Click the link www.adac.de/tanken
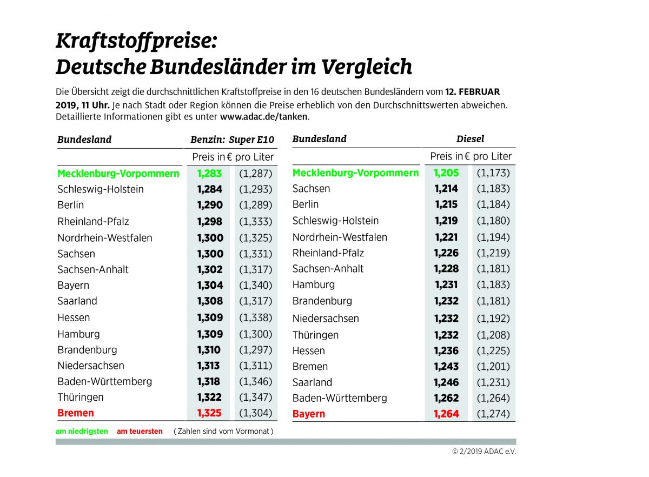[263, 117]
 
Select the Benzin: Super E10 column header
[232, 140]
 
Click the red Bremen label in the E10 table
[76, 413]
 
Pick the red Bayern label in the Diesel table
[309, 414]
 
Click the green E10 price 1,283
[209, 174]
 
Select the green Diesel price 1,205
[446, 173]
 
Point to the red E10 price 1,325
[209, 413]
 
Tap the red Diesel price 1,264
[446, 414]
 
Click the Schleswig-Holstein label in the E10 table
[101, 189]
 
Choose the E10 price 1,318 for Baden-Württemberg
[209, 381]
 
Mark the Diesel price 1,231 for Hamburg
[446, 284]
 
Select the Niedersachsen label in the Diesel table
[326, 319]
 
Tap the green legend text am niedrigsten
[82, 432]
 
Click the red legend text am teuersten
[140, 432]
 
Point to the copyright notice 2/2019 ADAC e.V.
[484, 452]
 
